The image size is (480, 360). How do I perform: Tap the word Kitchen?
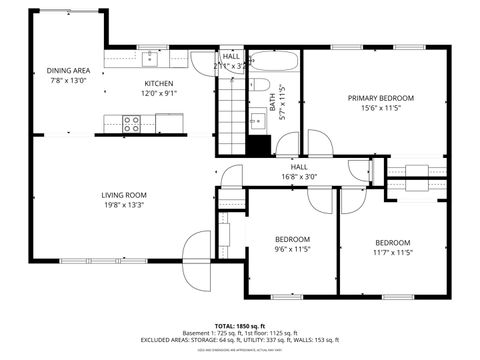coord(159,83)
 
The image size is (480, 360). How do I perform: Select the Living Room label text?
coord(123,195)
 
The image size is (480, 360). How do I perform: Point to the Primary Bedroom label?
coord(380,98)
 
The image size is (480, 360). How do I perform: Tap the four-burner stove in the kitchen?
coord(131,123)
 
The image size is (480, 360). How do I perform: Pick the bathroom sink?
coord(258,121)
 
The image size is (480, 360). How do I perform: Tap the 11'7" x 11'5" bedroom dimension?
coord(393,253)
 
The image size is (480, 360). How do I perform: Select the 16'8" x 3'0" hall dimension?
coord(298,177)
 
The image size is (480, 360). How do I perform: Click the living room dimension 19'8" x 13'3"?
coord(123,206)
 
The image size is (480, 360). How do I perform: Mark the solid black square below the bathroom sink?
coord(258,143)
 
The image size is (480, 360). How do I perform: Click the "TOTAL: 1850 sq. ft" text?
coord(239,326)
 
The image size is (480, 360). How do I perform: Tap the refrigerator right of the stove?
coord(170,123)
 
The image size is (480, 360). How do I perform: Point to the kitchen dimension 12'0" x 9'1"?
coord(159,93)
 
